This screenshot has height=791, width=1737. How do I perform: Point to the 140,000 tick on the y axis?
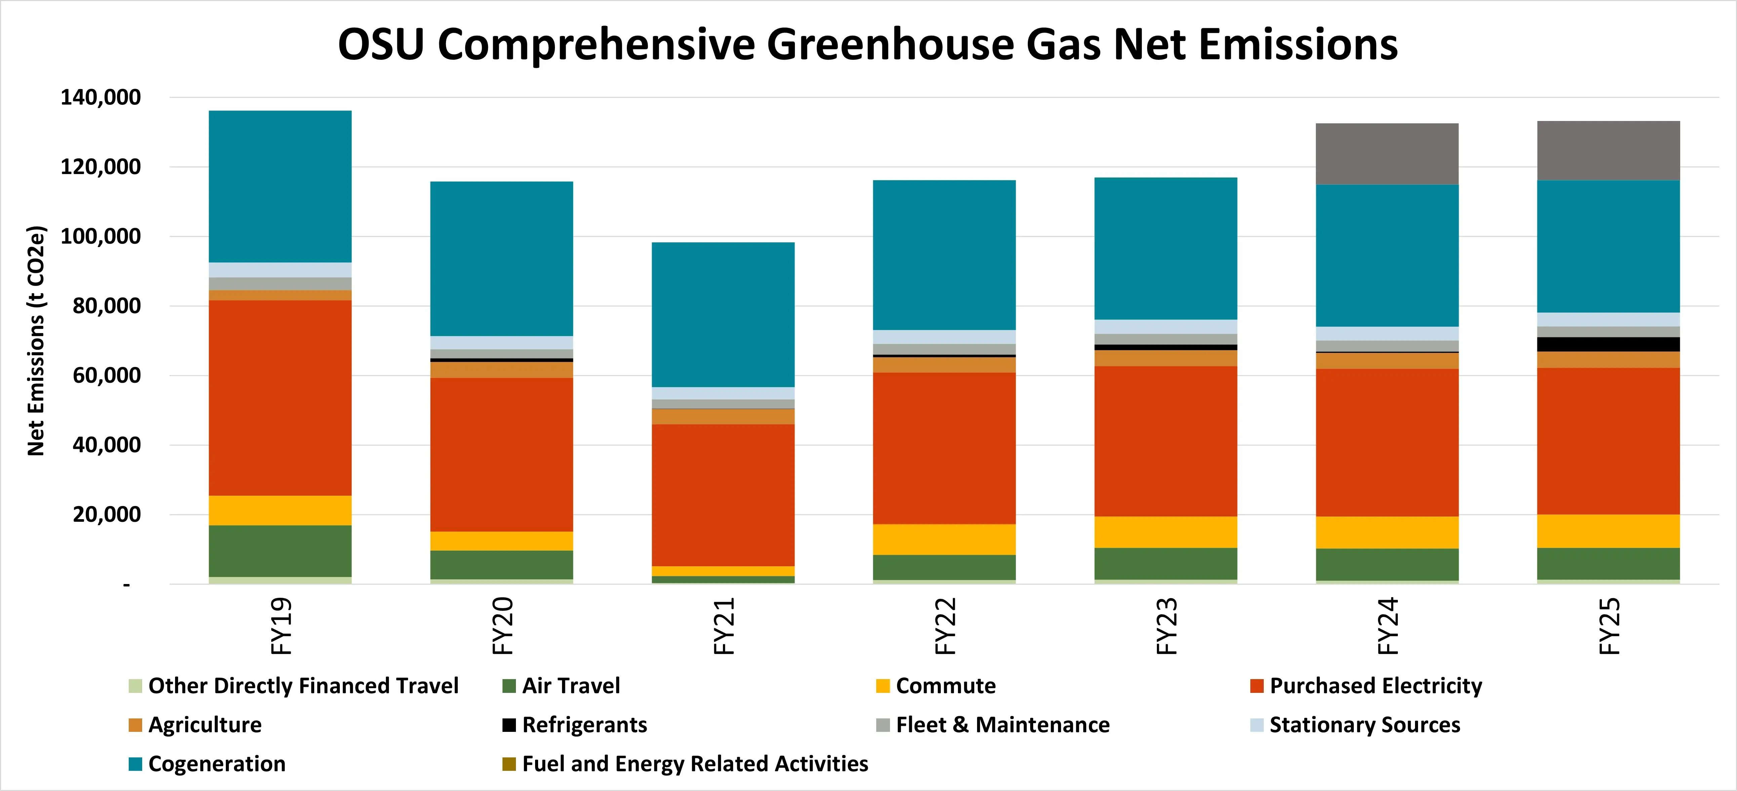101,98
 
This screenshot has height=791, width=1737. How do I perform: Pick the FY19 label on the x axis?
281,626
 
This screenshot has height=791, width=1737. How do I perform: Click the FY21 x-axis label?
724,626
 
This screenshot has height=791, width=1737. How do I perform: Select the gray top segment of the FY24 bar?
1387,154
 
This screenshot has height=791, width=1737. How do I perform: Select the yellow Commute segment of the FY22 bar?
944,539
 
